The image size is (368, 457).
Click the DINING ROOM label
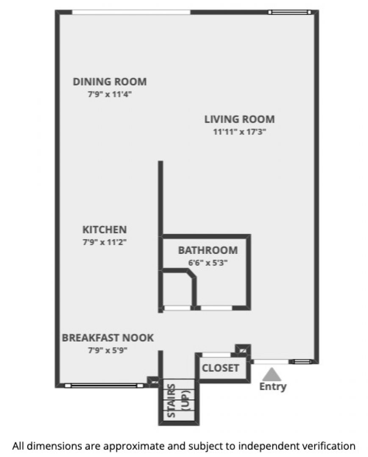110,82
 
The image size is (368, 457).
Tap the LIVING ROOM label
239,119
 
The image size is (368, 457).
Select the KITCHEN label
105,230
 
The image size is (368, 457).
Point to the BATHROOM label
208,250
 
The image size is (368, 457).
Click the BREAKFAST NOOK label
108,338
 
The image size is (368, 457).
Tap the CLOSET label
221,368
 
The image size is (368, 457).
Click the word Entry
273,387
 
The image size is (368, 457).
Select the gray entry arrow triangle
272,374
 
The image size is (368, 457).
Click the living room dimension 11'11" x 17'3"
239,132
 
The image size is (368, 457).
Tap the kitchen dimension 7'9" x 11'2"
105,242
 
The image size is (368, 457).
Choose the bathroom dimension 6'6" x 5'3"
208,263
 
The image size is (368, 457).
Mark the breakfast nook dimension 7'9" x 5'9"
108,350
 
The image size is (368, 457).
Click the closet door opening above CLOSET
216,355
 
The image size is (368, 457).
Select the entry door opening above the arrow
271,362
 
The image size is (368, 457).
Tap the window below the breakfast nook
104,385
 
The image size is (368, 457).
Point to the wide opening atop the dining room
131,12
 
